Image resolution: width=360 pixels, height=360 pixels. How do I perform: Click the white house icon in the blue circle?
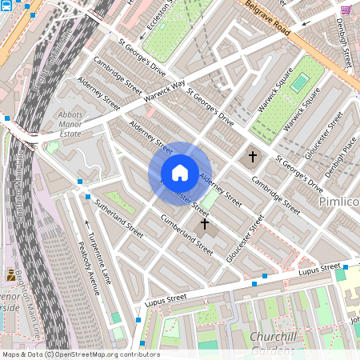[179, 172]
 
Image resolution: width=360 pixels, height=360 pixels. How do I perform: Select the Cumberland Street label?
[186, 233]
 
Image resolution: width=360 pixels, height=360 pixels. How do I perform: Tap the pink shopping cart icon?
[346, 9]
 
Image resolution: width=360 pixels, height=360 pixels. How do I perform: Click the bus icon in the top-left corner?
[6, 6]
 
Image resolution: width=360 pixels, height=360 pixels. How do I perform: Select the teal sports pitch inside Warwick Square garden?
[299, 82]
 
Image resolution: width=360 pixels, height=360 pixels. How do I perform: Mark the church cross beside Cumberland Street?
[204, 225]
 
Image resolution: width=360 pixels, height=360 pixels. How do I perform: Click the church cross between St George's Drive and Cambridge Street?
[253, 156]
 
